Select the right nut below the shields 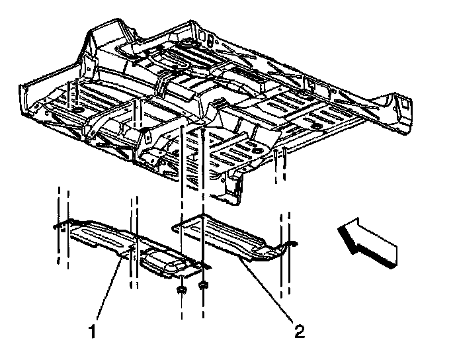click(x=203, y=287)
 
